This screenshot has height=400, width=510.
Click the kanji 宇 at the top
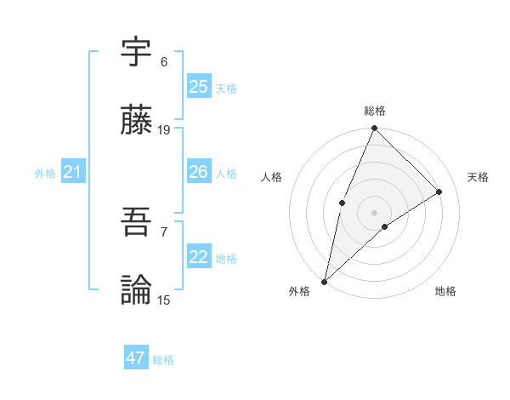137,53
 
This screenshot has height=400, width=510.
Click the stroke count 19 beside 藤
164,130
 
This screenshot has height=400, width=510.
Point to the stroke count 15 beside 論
164,300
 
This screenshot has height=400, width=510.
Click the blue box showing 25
199,87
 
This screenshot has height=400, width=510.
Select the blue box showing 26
199,173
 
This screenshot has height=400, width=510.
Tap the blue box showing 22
199,258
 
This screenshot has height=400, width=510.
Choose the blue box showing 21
73,173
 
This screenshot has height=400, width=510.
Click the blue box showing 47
136,358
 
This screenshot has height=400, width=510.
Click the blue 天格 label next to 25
226,88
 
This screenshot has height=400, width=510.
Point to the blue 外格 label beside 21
45,174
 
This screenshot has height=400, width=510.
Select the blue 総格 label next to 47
163,360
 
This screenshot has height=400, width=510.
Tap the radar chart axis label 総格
375,111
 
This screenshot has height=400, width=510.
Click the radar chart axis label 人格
272,177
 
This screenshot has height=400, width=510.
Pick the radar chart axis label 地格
445,292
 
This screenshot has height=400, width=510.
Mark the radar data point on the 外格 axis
325,281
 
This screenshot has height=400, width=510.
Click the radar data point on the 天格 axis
439,191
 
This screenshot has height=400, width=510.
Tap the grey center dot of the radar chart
375,212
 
